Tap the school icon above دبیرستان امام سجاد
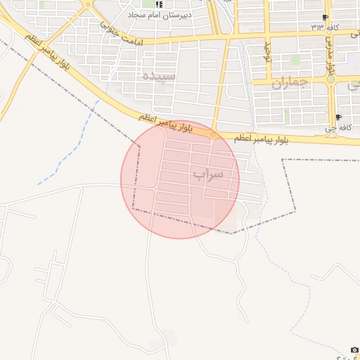tap(158, 4)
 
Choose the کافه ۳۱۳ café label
tap(325, 27)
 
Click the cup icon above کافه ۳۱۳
tap(325, 18)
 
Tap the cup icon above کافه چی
tap(338, 117)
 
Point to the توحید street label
tap(267, 51)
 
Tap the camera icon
tap(354, 350)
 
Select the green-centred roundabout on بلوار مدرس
tap(330, 79)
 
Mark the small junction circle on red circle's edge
tap(213, 134)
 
